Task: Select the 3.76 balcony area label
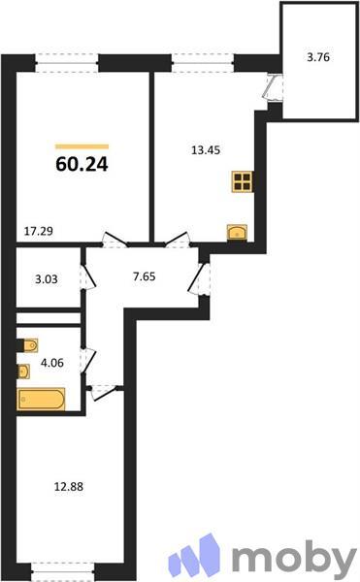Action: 318,57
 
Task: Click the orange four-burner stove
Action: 242,182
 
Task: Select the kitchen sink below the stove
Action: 238,230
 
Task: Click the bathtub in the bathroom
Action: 41,399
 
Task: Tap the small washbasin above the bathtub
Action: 23,371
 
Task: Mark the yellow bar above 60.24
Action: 82,145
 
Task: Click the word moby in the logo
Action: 294,558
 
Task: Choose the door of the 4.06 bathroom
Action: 87,359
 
